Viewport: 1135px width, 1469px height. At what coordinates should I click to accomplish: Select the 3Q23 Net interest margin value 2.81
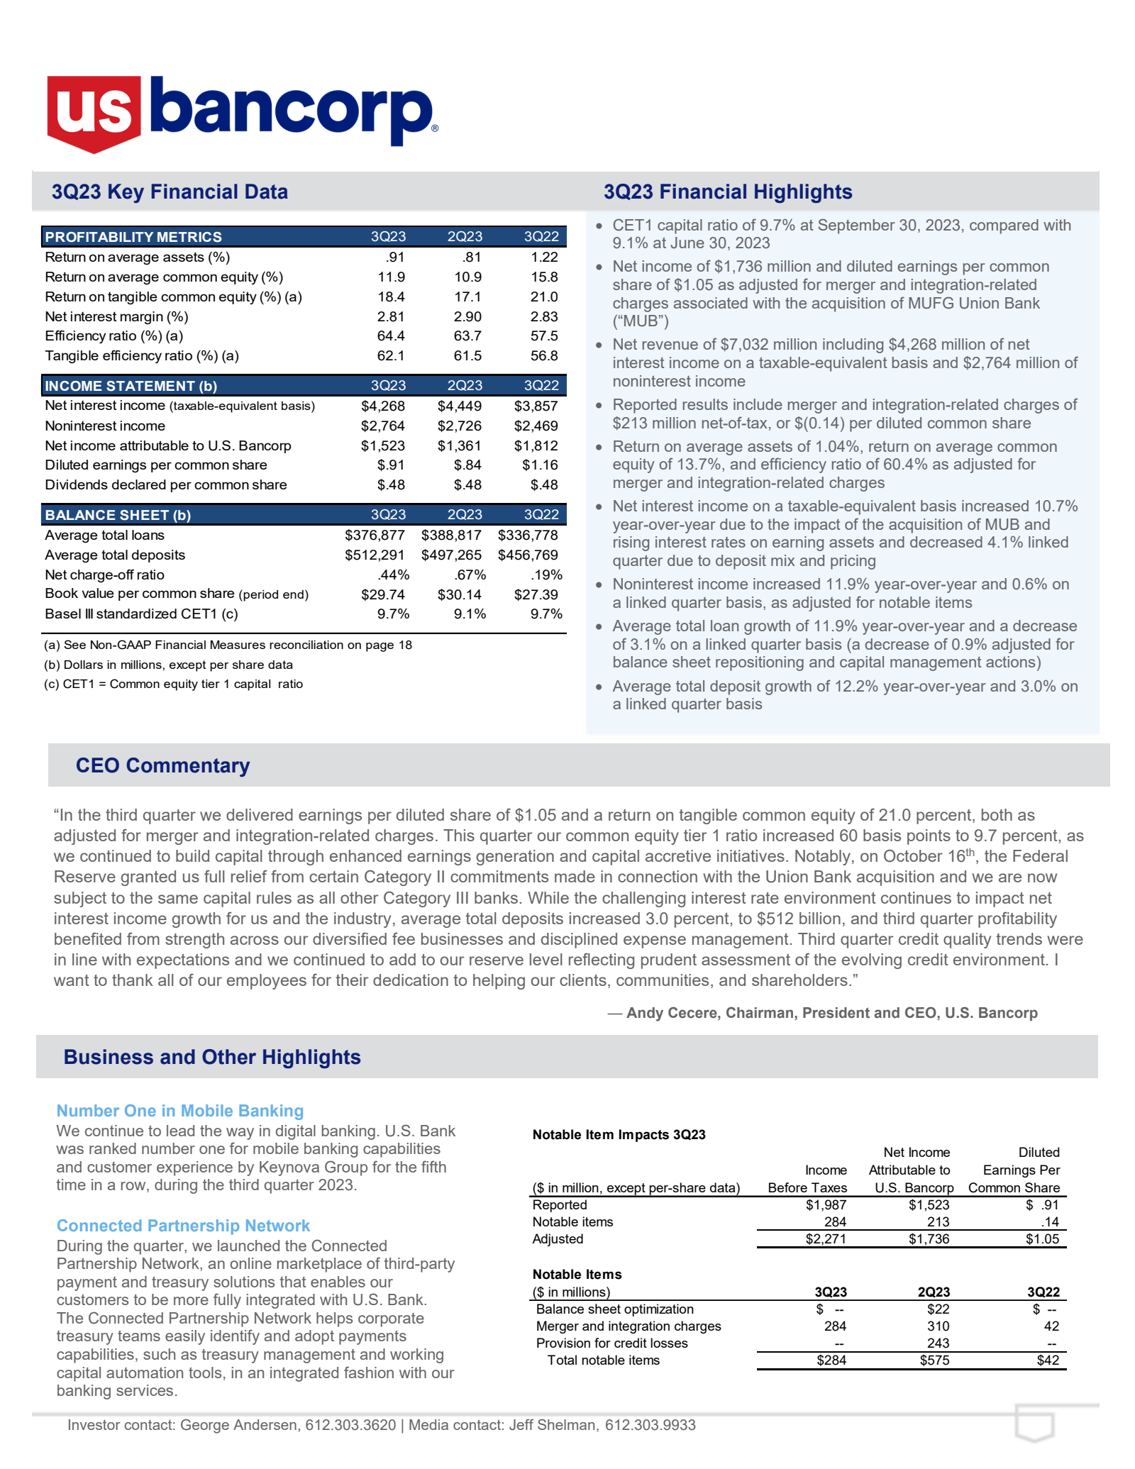391,316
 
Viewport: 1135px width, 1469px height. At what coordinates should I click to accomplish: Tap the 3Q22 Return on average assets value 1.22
544,257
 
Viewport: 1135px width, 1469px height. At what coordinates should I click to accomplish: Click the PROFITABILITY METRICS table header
133,237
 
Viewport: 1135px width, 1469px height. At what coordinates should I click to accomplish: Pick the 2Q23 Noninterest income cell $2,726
459,426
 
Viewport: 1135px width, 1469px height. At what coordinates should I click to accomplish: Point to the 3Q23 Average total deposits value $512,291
375,555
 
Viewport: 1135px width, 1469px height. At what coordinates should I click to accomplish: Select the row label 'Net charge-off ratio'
104,575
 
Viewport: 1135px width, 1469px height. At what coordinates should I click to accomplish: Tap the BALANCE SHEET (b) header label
118,515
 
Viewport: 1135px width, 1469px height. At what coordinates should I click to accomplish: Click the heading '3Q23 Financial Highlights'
728,192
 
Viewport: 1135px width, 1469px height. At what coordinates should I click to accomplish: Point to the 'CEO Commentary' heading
162,765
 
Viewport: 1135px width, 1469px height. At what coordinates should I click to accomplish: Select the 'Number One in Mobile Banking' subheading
180,1111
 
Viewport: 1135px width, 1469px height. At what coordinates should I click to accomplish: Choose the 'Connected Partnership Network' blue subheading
183,1226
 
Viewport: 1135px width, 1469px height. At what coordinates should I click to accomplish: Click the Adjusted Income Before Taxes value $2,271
825,1239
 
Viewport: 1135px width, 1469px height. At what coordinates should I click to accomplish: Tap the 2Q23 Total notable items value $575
934,1360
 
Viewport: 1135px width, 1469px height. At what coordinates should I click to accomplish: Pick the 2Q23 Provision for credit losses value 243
938,1343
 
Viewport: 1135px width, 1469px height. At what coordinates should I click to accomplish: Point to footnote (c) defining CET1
173,684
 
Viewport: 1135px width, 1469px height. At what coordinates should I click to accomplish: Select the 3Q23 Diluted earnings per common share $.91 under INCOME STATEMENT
391,465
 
